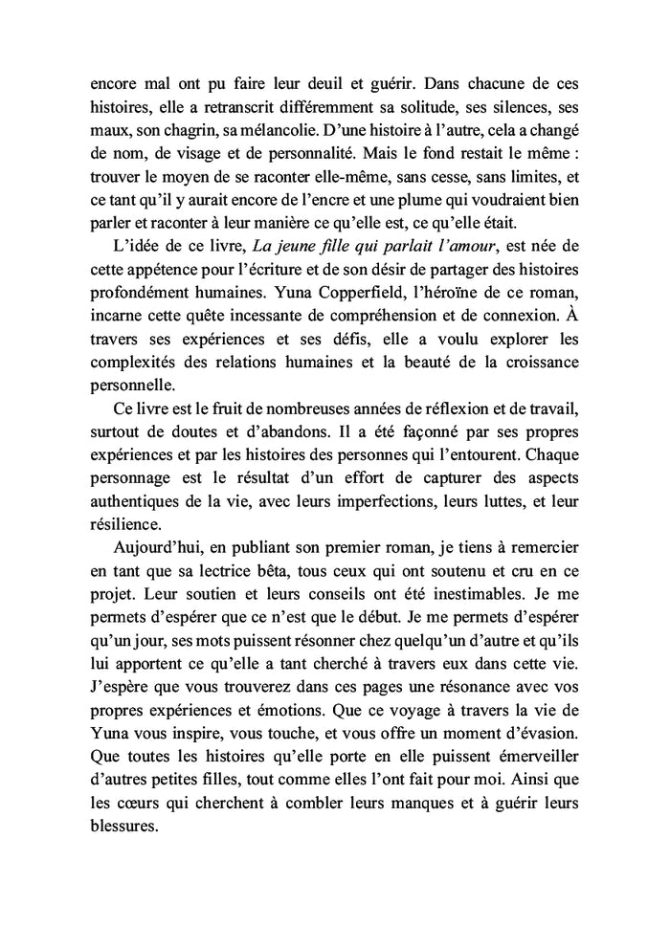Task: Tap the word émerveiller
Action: click(535, 760)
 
